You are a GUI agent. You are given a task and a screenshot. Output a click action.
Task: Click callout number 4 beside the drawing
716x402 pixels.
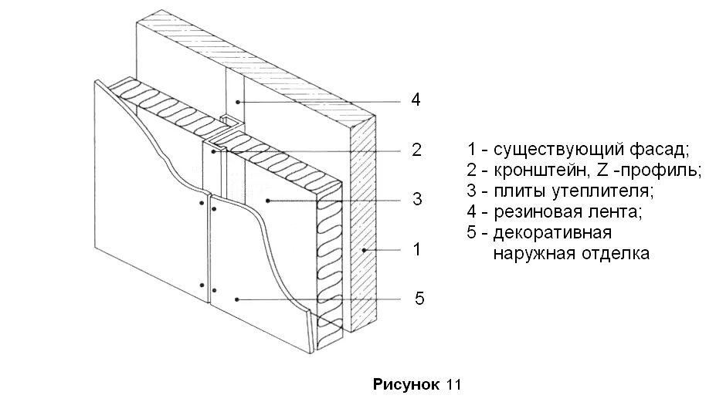(x=415, y=101)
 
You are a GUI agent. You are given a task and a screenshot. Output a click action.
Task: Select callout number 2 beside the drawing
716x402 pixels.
(x=416, y=150)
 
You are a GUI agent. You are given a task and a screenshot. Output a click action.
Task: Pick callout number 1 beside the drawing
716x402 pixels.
(x=416, y=249)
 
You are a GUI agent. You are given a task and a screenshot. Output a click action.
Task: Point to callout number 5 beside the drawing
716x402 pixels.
(x=419, y=299)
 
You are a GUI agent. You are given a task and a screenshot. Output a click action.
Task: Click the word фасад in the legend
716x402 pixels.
(x=661, y=149)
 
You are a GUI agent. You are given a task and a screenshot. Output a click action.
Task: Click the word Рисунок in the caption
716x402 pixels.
(x=406, y=384)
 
